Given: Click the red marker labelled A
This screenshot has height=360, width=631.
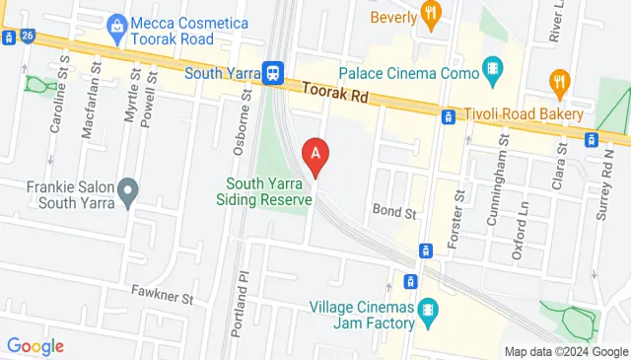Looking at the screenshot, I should (315, 156).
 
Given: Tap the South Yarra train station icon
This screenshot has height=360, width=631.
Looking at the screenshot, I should (273, 72).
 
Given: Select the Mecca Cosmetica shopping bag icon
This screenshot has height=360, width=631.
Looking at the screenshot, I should (117, 21).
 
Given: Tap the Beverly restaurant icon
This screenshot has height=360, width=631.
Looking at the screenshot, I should (430, 12).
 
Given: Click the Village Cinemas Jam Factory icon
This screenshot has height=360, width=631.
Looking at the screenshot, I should (428, 310).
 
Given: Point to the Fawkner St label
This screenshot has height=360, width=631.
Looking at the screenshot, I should (162, 293).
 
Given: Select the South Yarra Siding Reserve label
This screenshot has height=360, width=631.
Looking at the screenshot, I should (269, 191).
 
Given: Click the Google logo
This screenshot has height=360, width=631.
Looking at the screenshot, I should (35, 346).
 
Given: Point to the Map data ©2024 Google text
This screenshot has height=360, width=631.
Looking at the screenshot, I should (566, 352).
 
